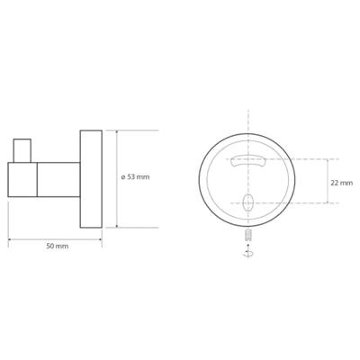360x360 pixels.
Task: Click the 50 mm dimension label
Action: click(58, 247)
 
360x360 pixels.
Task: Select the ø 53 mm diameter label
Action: click(135, 177)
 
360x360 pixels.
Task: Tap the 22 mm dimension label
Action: click(342, 183)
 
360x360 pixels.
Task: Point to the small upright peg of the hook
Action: click(22, 150)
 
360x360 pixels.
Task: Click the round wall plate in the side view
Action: click(91, 179)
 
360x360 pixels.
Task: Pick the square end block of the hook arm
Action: click(22, 180)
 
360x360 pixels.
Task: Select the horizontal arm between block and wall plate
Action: click(58, 180)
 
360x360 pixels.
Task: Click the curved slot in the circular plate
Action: click(248, 160)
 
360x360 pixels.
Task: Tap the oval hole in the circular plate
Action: click(248, 202)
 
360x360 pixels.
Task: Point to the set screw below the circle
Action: click(248, 235)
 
